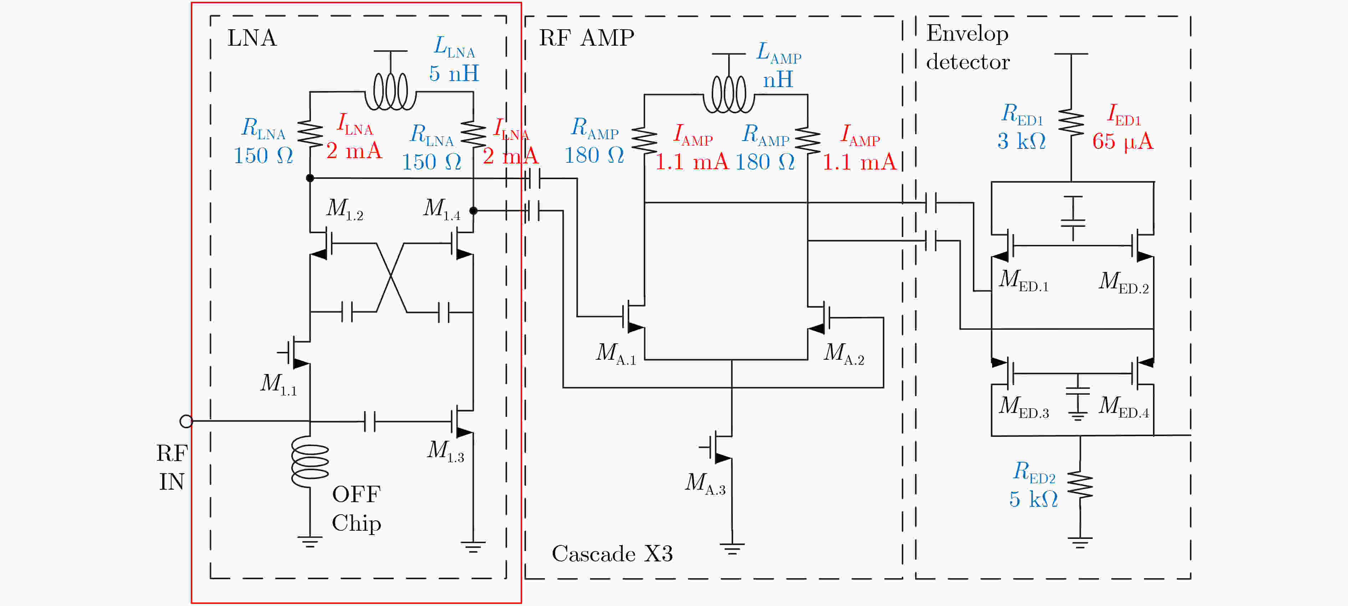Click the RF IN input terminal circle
pos(186,421)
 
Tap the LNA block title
pos(252,38)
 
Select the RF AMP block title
pos(587,38)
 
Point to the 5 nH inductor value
pos(454,73)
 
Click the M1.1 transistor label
pos(279,384)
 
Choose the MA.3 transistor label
pos(705,483)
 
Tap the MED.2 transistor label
pos(1123,282)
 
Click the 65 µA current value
pos(1123,141)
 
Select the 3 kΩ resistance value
pos(1021,141)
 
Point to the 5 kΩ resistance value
pos(1033,500)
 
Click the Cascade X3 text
pos(612,554)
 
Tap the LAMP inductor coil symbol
pos(729,95)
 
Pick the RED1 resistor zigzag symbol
pos(1071,123)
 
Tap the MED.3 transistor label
pos(1023,407)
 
